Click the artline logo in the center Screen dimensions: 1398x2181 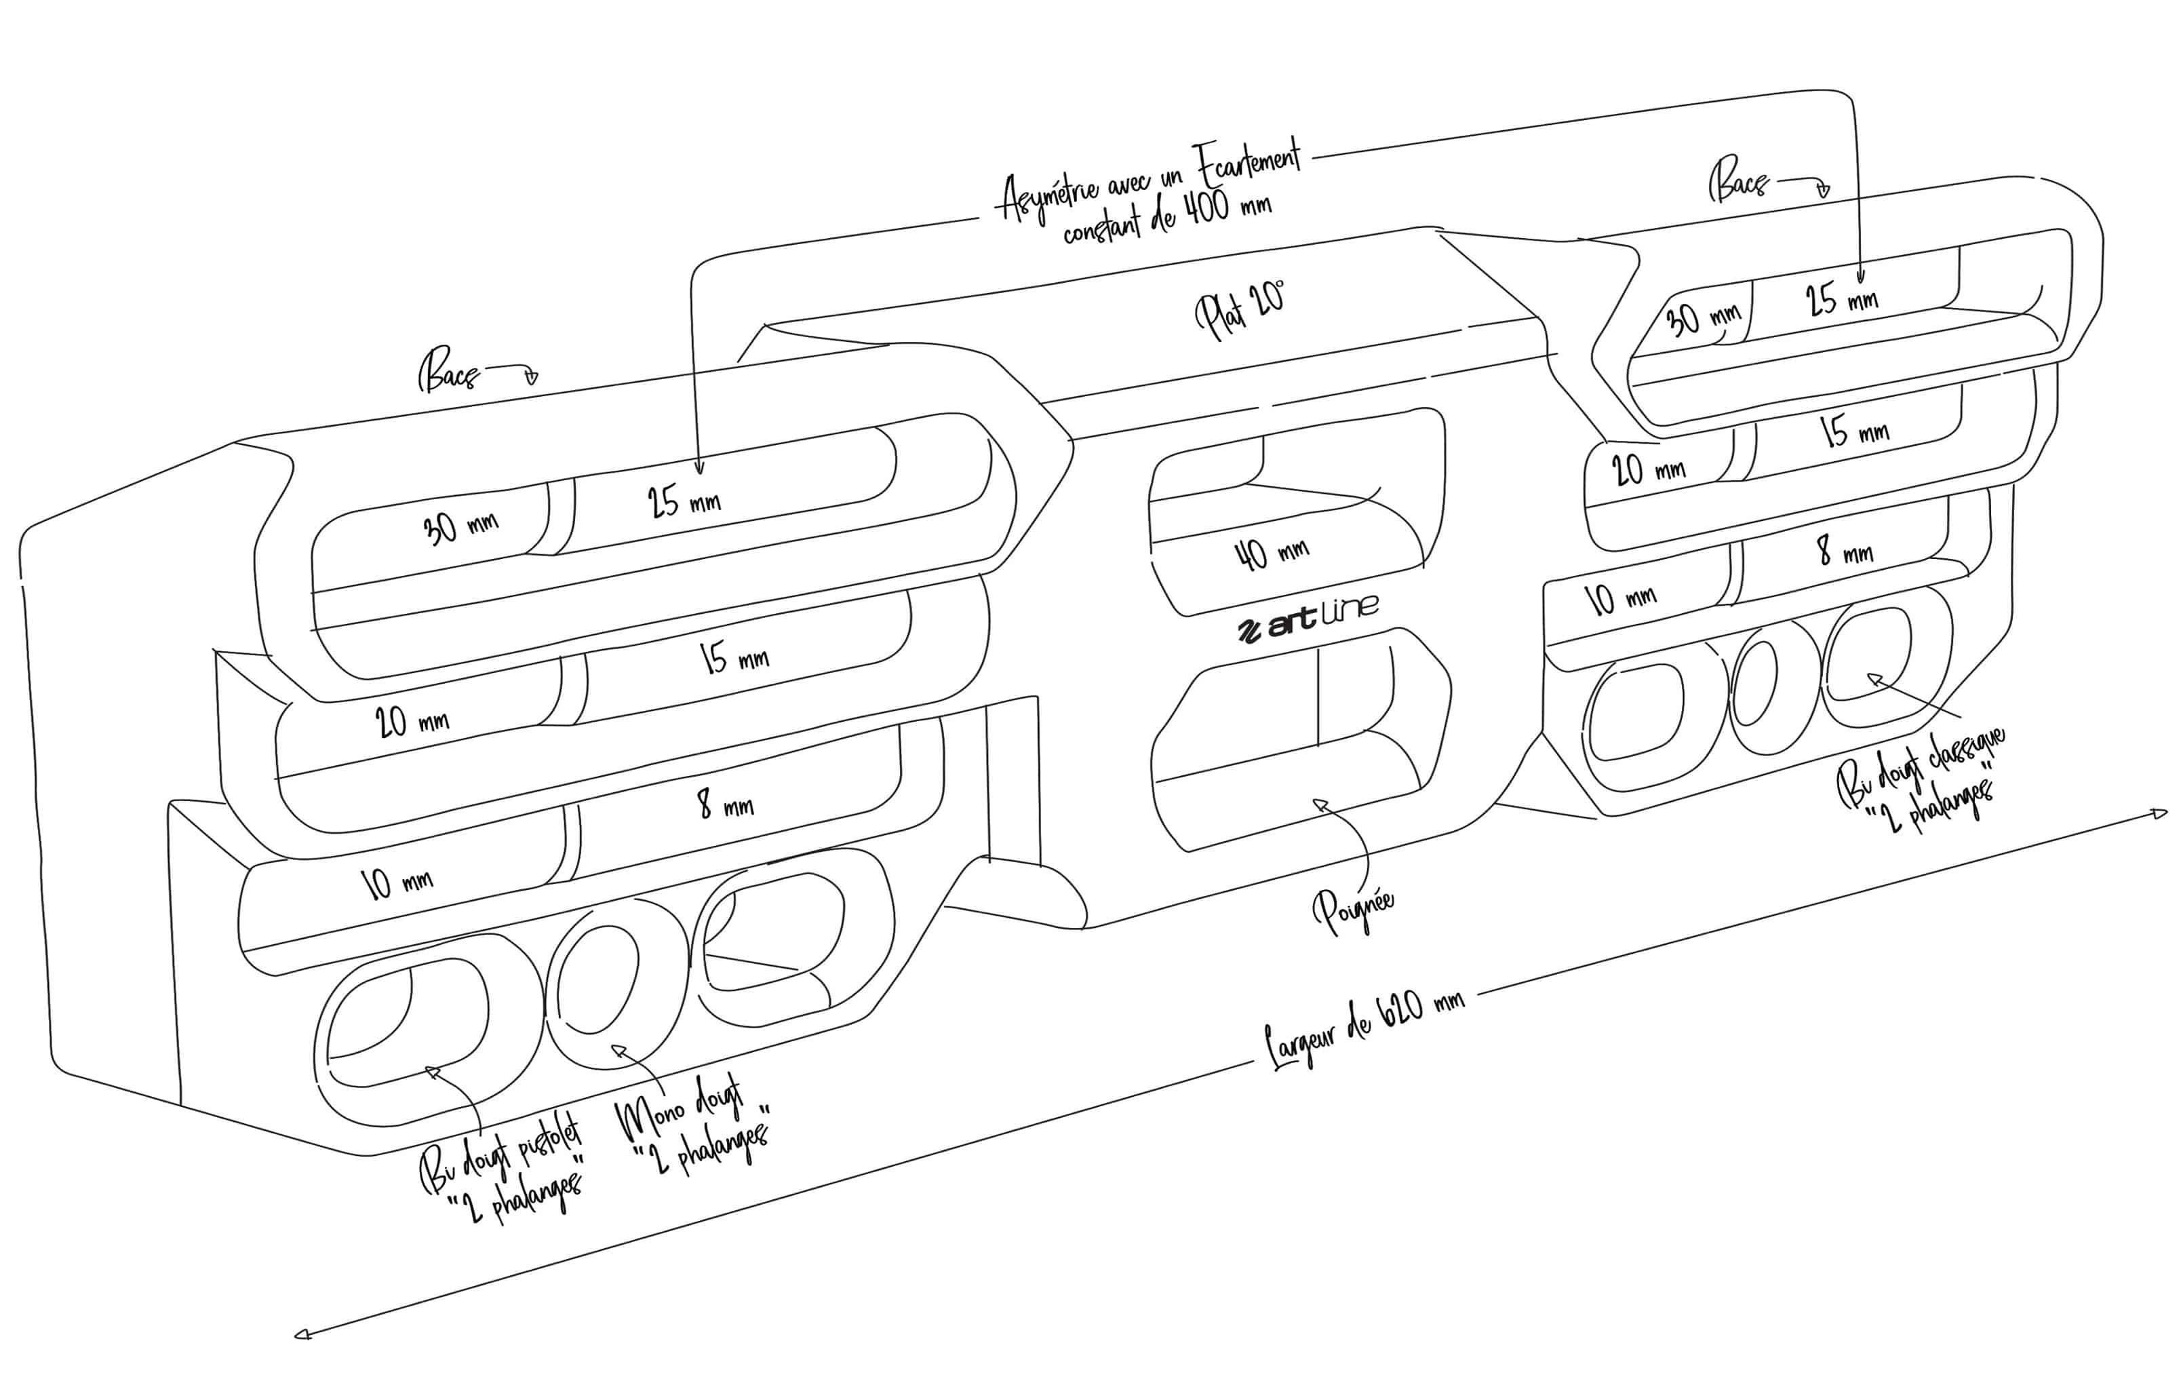tap(1308, 620)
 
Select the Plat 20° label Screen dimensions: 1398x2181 tap(1240, 309)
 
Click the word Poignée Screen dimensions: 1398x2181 tap(1352, 910)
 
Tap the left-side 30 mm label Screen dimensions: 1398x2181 tap(460, 526)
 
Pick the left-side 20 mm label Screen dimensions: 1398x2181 tap(411, 722)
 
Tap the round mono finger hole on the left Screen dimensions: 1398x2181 tap(596, 979)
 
